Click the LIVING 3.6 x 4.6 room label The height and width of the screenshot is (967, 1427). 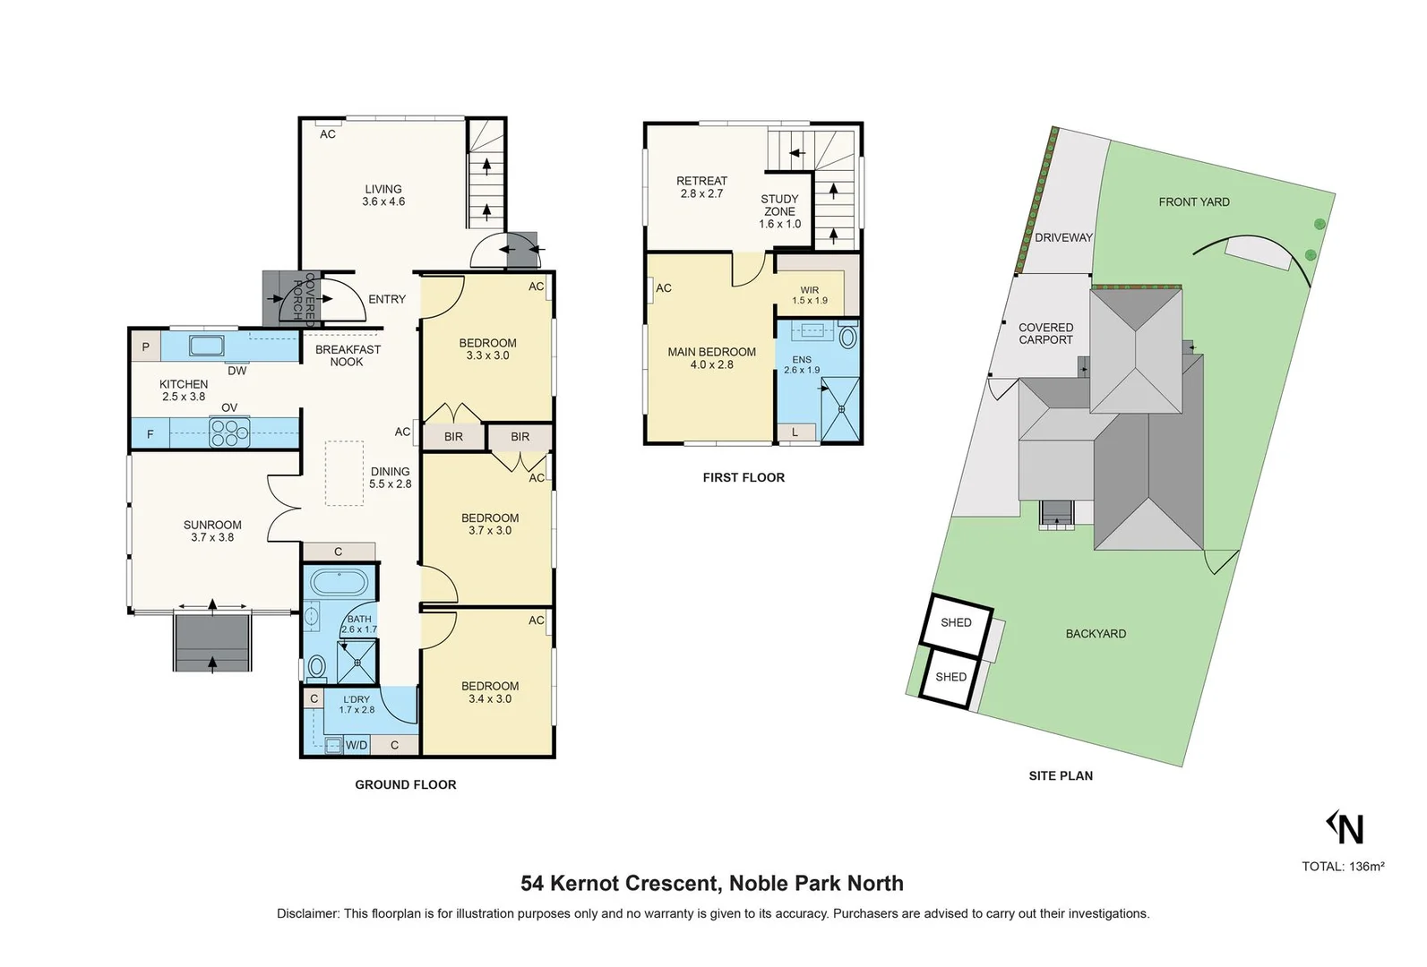pyautogui.click(x=383, y=195)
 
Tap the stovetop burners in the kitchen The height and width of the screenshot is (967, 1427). pyautogui.click(x=229, y=433)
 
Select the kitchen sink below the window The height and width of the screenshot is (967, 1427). pyautogui.click(x=207, y=346)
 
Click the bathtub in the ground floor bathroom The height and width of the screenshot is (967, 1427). pyautogui.click(x=339, y=583)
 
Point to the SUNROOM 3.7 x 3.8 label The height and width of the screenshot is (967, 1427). pyautogui.click(x=212, y=531)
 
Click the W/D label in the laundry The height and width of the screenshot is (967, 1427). pyautogui.click(x=357, y=745)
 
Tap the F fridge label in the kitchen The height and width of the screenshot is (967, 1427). pyautogui.click(x=150, y=434)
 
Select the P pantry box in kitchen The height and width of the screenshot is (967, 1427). pyautogui.click(x=146, y=347)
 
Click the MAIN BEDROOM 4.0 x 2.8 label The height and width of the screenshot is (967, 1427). pyautogui.click(x=711, y=358)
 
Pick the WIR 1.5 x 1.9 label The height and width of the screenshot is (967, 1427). pyautogui.click(x=810, y=295)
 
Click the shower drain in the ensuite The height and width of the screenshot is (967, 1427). pyautogui.click(x=842, y=409)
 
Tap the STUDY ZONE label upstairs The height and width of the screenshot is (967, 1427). pyautogui.click(x=779, y=211)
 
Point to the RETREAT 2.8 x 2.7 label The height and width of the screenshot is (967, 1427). pyautogui.click(x=701, y=186)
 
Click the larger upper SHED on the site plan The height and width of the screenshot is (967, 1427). pyautogui.click(x=956, y=622)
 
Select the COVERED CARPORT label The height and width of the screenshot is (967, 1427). pyautogui.click(x=1045, y=333)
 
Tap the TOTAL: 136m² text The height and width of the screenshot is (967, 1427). pyautogui.click(x=1343, y=866)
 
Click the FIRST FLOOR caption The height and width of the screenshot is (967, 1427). pyautogui.click(x=744, y=478)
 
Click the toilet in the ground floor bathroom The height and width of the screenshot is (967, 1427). pyautogui.click(x=316, y=667)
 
